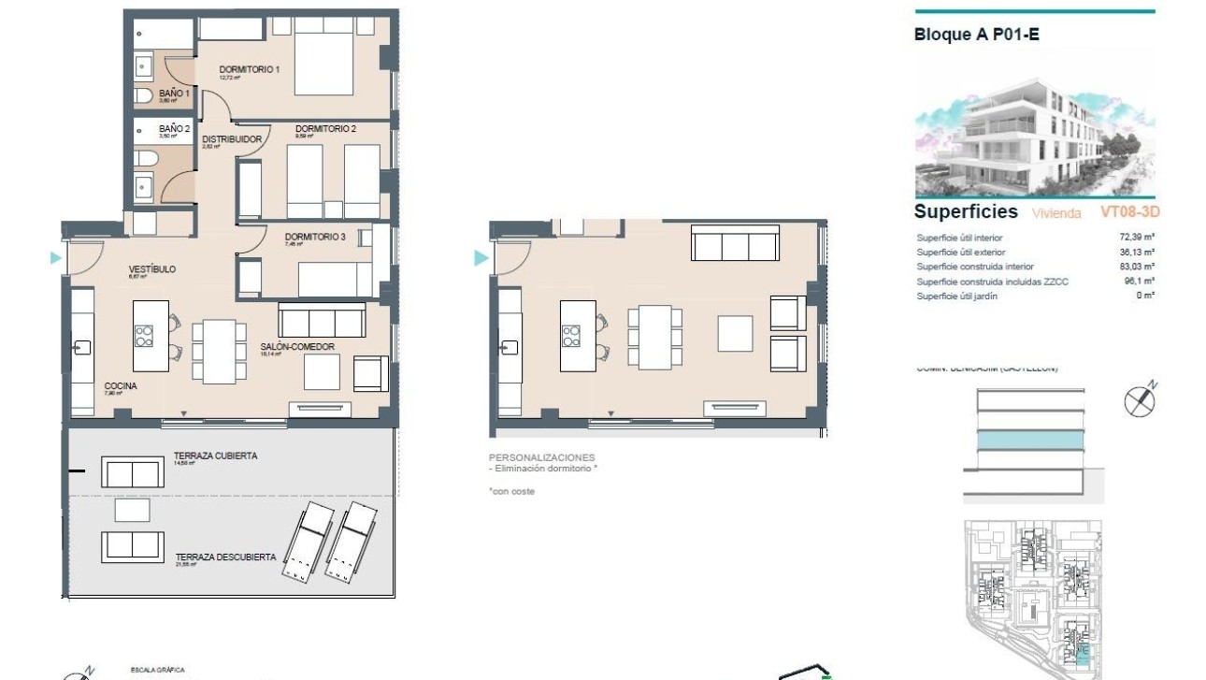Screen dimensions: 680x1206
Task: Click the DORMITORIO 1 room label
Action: point(250,70)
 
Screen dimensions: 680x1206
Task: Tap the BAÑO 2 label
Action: point(174,129)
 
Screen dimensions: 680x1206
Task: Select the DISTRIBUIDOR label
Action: point(232,139)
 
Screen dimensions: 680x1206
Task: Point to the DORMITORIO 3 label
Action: point(315,238)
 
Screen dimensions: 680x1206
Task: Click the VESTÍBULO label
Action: point(151,269)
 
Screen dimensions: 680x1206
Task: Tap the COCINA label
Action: point(121,385)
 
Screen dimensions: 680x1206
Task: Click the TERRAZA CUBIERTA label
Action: point(215,456)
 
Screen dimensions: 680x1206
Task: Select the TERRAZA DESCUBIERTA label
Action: point(225,557)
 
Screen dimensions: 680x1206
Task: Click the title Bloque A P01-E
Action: point(976,36)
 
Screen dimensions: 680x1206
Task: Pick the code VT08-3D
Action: point(1129,212)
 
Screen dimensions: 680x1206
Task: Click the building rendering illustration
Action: point(1035,137)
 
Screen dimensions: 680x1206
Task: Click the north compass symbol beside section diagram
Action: point(1140,400)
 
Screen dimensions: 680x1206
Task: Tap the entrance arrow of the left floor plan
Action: point(56,258)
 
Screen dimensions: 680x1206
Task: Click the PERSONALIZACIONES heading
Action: point(541,457)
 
